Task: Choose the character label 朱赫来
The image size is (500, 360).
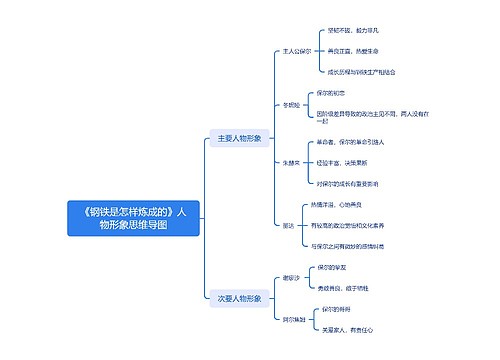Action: pyautogui.click(x=289, y=160)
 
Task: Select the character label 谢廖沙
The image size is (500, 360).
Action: pyautogui.click(x=289, y=278)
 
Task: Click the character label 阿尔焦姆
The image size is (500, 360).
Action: pyautogui.click(x=291, y=319)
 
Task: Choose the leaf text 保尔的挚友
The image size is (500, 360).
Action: pyautogui.click(x=333, y=268)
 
